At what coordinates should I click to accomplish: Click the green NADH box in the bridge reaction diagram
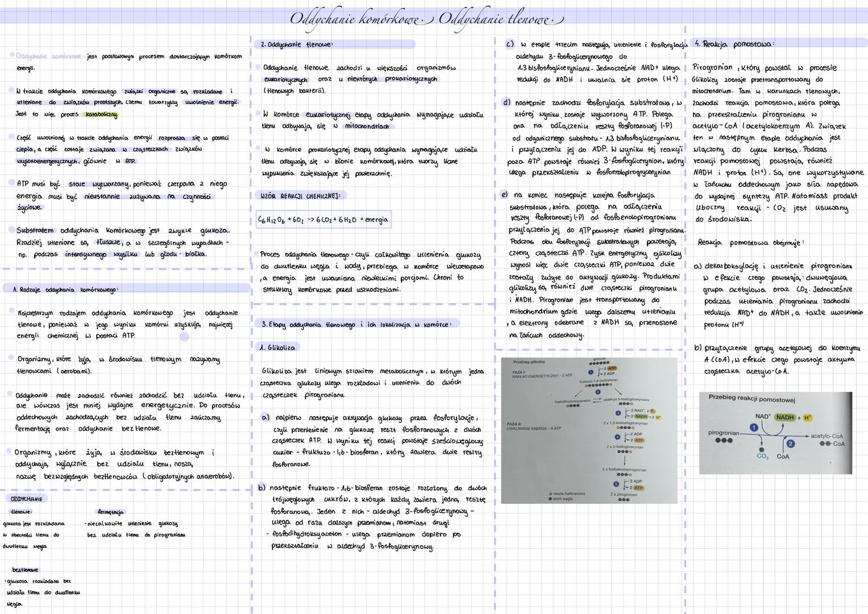pyautogui.click(x=785, y=417)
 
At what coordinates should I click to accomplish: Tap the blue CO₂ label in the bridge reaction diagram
pyautogui.click(x=763, y=456)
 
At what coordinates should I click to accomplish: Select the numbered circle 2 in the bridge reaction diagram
pyautogui.click(x=790, y=443)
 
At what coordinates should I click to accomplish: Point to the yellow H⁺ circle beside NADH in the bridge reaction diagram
pyautogui.click(x=808, y=418)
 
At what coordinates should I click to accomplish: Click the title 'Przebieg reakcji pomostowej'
pyautogui.click(x=751, y=399)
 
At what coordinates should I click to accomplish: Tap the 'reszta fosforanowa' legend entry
pyautogui.click(x=568, y=493)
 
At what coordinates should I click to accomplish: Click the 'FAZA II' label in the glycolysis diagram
pyautogui.click(x=513, y=424)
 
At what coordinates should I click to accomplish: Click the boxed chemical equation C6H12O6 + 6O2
pyautogui.click(x=323, y=219)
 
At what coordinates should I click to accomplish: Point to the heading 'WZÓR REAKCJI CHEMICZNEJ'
pyautogui.click(x=300, y=196)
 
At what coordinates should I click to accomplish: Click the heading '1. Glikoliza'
pyautogui.click(x=277, y=347)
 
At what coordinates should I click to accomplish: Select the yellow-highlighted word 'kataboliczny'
pyautogui.click(x=102, y=114)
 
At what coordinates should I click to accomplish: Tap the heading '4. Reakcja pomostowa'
pyautogui.click(x=734, y=44)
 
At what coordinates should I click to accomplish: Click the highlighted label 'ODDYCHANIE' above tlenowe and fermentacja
pyautogui.click(x=26, y=499)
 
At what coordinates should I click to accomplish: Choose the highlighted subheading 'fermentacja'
pyautogui.click(x=110, y=512)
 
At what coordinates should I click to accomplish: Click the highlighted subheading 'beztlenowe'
pyautogui.click(x=25, y=569)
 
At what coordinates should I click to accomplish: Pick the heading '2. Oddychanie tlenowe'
pyautogui.click(x=296, y=44)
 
